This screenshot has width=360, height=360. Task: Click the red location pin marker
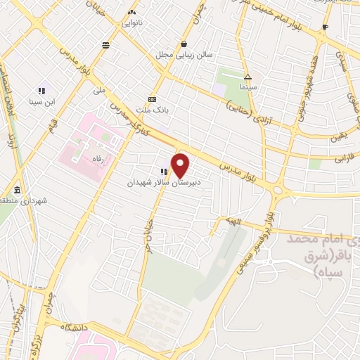tap(181, 165)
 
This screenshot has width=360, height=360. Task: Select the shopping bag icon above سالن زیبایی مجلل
tap(184, 43)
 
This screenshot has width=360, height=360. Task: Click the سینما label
tap(247, 88)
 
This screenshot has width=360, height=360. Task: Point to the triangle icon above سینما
tap(247, 77)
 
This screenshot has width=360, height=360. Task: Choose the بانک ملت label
tap(153, 110)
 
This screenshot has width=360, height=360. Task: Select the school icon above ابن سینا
tap(41, 91)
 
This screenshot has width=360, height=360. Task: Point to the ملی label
tap(98, 91)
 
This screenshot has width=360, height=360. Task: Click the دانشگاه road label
tap(73, 328)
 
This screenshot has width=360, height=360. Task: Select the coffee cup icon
tap(325, 27)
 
